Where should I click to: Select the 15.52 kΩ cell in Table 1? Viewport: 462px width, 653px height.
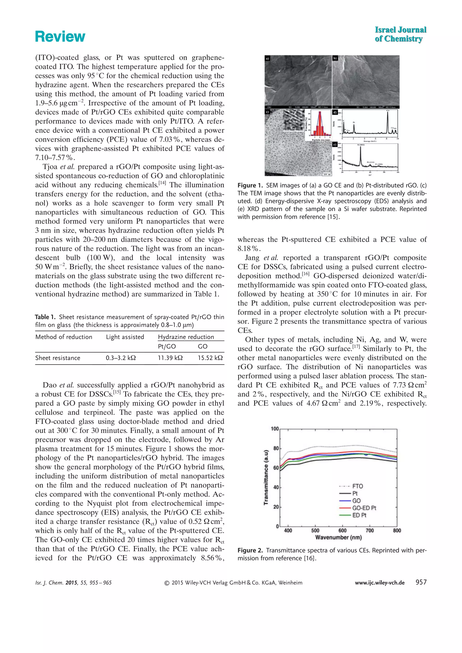coord(210,358)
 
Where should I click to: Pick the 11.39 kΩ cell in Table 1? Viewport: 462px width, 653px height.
coord(170,358)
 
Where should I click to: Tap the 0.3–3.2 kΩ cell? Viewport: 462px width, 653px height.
coord(121,358)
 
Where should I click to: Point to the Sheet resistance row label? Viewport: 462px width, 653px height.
coord(58,358)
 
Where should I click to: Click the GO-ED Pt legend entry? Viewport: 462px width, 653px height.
coord(364,508)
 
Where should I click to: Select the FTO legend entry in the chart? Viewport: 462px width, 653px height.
coord(357,486)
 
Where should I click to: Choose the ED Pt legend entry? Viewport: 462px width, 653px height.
coord(359,515)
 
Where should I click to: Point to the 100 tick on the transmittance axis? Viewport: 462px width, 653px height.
coord(275,429)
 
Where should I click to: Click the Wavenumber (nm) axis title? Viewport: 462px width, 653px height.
coord(338,537)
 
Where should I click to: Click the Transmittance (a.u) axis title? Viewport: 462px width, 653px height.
coord(266,478)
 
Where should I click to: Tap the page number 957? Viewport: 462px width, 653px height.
coord(421,582)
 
